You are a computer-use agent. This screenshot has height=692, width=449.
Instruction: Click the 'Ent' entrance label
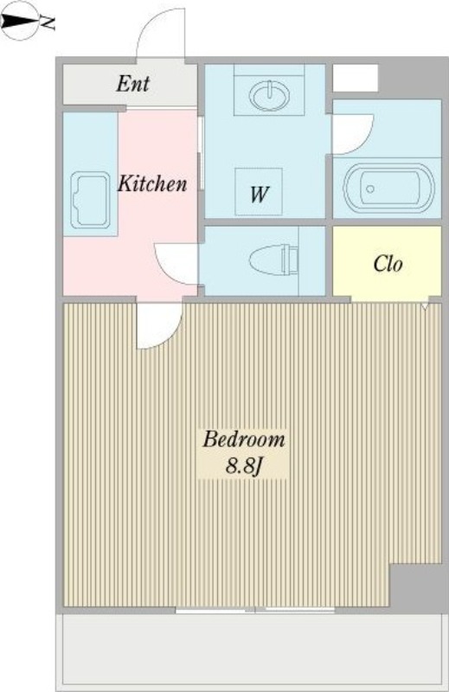pyautogui.click(x=133, y=84)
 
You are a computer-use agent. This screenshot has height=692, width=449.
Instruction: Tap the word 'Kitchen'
pyautogui.click(x=152, y=183)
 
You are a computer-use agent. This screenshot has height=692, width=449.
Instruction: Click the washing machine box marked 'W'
pyautogui.click(x=258, y=191)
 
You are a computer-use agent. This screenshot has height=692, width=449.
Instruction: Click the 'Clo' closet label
pyautogui.click(x=388, y=265)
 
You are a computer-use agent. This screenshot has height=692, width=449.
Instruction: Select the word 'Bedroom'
pyautogui.click(x=244, y=439)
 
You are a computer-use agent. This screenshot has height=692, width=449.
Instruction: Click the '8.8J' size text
pyautogui.click(x=244, y=466)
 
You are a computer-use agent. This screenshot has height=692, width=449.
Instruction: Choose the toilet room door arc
pyautogui.click(x=175, y=259)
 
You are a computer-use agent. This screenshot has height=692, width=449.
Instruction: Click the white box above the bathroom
pyautogui.click(x=355, y=78)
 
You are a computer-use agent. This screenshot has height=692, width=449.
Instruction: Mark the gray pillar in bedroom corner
pyautogui.click(x=418, y=588)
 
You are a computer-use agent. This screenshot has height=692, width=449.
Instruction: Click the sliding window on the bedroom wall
pyautogui.click(x=255, y=610)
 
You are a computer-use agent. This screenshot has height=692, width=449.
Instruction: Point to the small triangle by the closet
pyautogui.click(x=426, y=306)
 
